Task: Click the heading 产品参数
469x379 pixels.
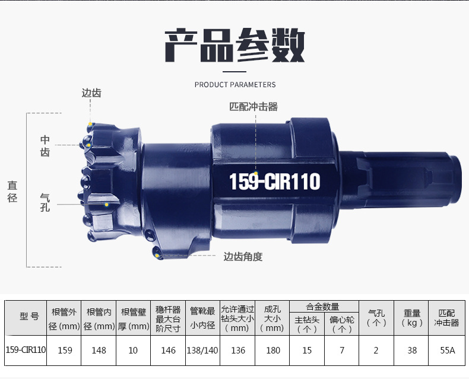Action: (x=235, y=46)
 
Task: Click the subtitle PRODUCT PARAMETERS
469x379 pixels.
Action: (x=235, y=85)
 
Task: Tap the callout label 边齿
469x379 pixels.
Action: (x=91, y=93)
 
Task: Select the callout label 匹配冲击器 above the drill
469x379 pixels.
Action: (x=253, y=107)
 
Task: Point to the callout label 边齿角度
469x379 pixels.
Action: (x=243, y=256)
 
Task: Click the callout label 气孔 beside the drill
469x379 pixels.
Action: (x=45, y=203)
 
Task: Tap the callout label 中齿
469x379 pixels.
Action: (x=45, y=146)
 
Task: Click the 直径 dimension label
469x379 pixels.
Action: (x=12, y=192)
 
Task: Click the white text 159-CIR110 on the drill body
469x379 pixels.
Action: (x=275, y=181)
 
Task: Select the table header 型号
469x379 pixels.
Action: (x=29, y=316)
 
